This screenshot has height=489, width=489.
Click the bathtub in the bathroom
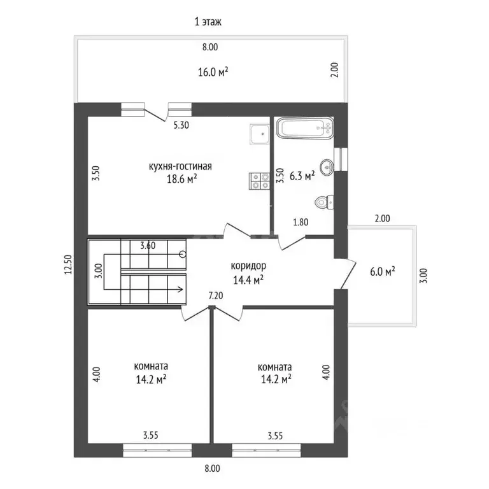[305, 128]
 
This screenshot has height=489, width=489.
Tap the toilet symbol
[324, 202]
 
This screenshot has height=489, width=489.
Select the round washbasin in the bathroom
[327, 167]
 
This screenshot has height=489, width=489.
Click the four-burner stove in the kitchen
[259, 181]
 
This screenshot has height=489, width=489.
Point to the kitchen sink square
[260, 134]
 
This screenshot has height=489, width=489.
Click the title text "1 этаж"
[208, 22]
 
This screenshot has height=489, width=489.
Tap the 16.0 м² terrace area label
[213, 72]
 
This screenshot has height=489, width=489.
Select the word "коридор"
[248, 266]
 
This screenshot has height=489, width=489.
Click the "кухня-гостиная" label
[180, 167]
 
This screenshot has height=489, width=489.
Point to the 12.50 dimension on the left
[68, 264]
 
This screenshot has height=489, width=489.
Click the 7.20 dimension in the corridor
[216, 295]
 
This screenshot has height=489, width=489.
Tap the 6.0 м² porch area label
[382, 271]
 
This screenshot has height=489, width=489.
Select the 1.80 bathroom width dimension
[301, 222]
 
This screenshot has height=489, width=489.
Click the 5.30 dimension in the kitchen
[181, 125]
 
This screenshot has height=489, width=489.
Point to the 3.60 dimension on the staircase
[148, 245]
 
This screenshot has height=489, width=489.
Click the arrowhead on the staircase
[181, 290]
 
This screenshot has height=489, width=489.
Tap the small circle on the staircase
[183, 255]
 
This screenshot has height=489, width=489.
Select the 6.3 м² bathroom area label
[302, 176]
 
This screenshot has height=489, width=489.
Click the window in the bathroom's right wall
[341, 159]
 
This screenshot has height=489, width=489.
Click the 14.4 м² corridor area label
[248, 280]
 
